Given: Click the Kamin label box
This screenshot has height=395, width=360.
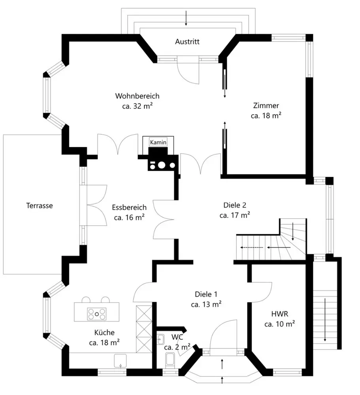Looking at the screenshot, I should [158, 142].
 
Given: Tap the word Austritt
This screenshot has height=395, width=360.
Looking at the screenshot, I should [187, 41].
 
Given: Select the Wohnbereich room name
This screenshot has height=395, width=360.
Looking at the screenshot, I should [137, 96].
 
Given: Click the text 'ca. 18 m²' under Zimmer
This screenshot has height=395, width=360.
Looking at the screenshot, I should [266, 116].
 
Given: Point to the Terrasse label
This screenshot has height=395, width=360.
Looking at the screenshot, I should [40, 205].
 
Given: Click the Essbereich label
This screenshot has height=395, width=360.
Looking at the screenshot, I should [129, 207].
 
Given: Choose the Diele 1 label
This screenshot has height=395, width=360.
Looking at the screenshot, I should [206, 294].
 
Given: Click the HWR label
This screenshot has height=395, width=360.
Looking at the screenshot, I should [279, 314].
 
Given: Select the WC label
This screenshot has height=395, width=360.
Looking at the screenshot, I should [177, 337].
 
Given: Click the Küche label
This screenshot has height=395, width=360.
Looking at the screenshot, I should [104, 333].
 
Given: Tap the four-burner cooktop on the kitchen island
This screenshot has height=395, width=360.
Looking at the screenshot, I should [97, 314].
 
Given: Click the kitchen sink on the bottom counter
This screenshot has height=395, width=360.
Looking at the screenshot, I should [121, 360].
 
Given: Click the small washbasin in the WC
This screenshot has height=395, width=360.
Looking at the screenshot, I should [160, 339].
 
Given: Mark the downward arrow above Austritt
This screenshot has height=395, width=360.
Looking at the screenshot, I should [186, 18].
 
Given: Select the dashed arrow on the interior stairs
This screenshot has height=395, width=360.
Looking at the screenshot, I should [252, 247].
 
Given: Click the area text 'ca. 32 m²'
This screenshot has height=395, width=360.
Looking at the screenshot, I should [138, 106].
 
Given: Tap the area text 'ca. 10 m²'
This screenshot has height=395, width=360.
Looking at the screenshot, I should [280, 324].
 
